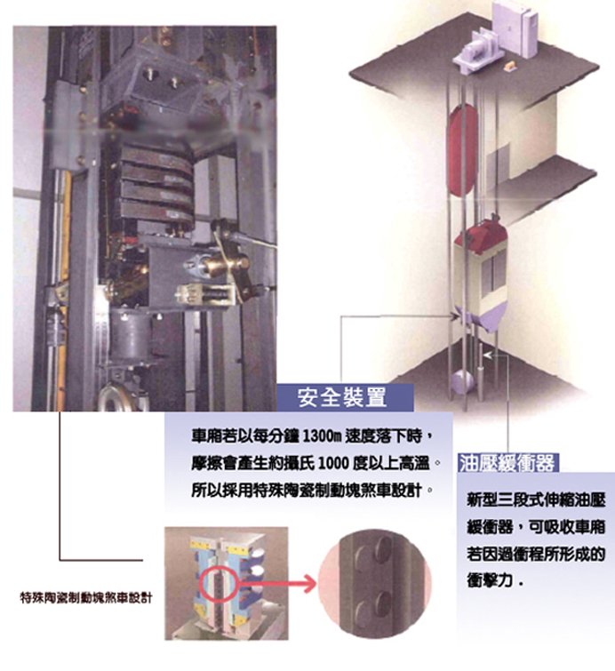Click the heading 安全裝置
pyautogui.click(x=342, y=397)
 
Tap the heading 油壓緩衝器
pyautogui.click(x=507, y=463)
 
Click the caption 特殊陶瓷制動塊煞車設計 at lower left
pyautogui.click(x=86, y=598)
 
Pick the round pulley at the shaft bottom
pyautogui.click(x=462, y=382)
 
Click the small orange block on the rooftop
pyautogui.click(x=510, y=66)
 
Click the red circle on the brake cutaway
pyautogui.click(x=219, y=584)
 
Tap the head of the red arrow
pyautogui.click(x=309, y=583)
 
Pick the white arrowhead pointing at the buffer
pyautogui.click(x=488, y=355)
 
